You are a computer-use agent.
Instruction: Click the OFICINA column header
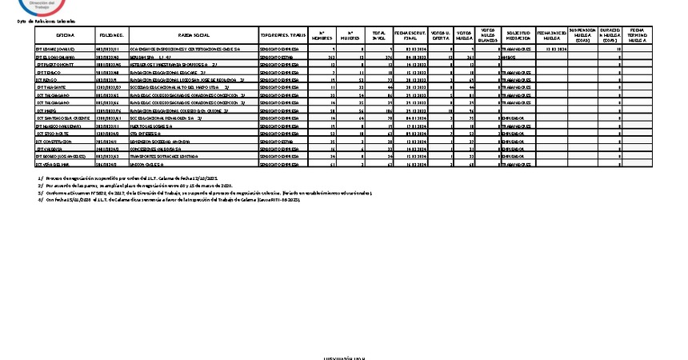coord(65,36)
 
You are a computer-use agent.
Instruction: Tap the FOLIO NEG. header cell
coord(111,36)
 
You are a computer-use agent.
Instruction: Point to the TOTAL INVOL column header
coord(378,36)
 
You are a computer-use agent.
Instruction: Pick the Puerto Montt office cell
coord(54,66)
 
